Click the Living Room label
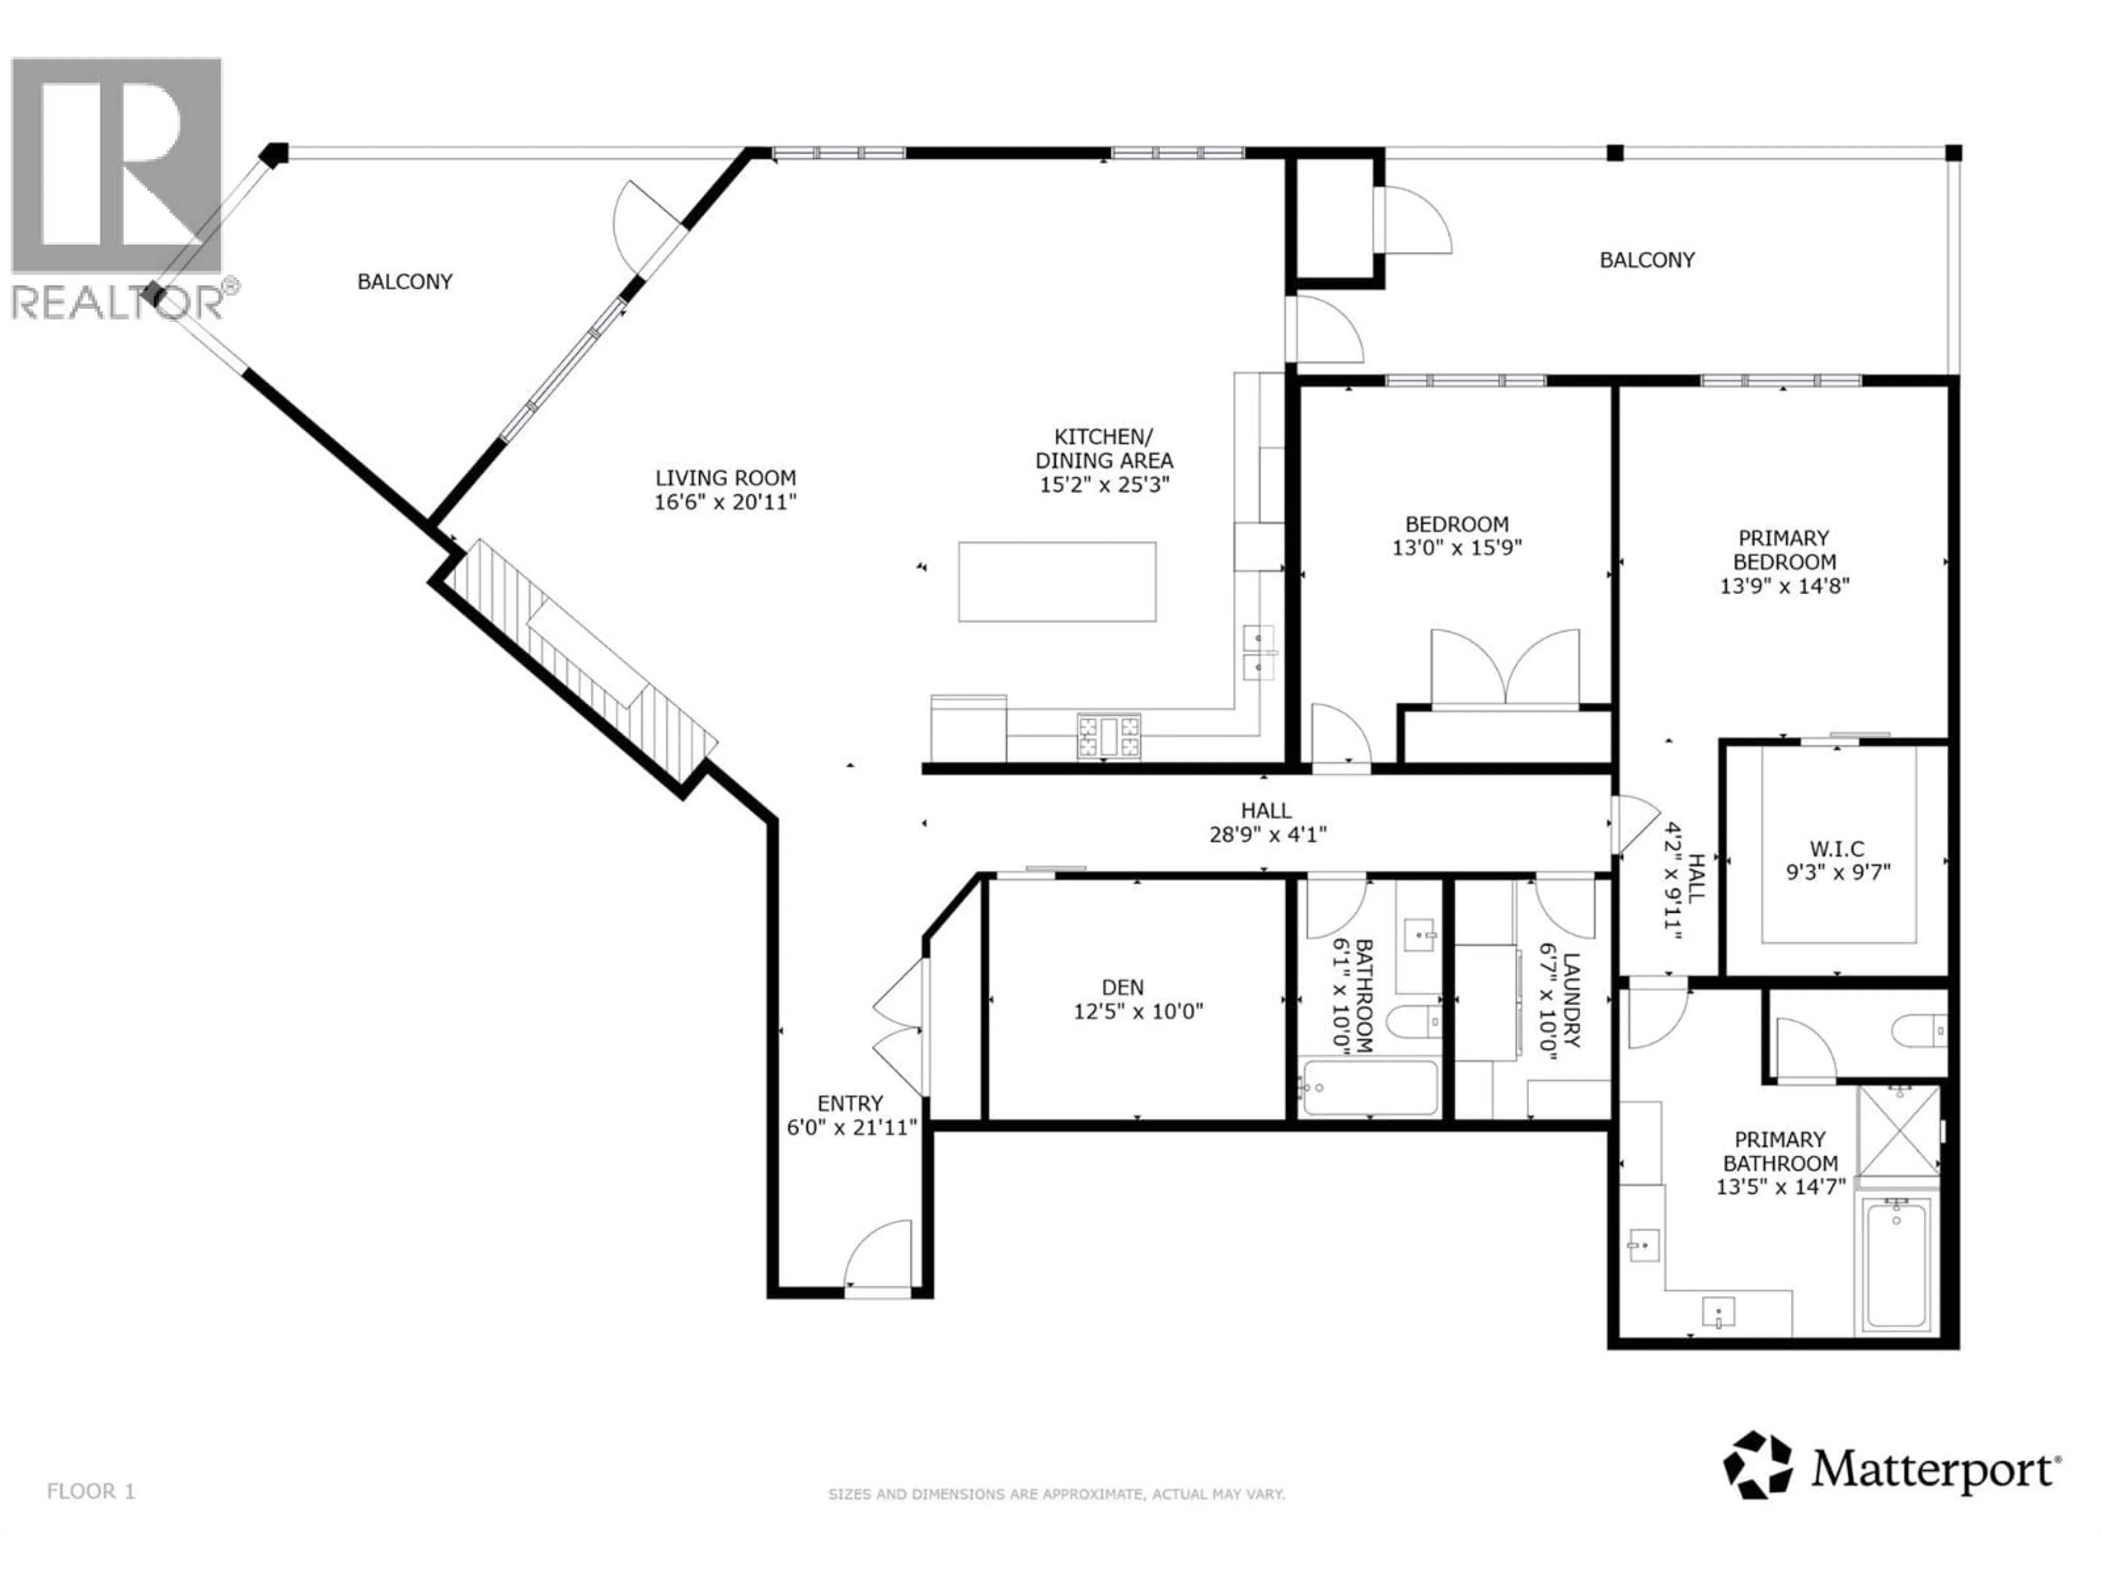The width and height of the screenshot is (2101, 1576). (x=725, y=478)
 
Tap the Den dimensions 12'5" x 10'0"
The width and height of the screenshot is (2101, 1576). (x=1138, y=1012)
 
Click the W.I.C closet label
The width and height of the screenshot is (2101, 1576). (x=1836, y=848)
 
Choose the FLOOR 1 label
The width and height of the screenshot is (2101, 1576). (x=91, y=1491)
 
